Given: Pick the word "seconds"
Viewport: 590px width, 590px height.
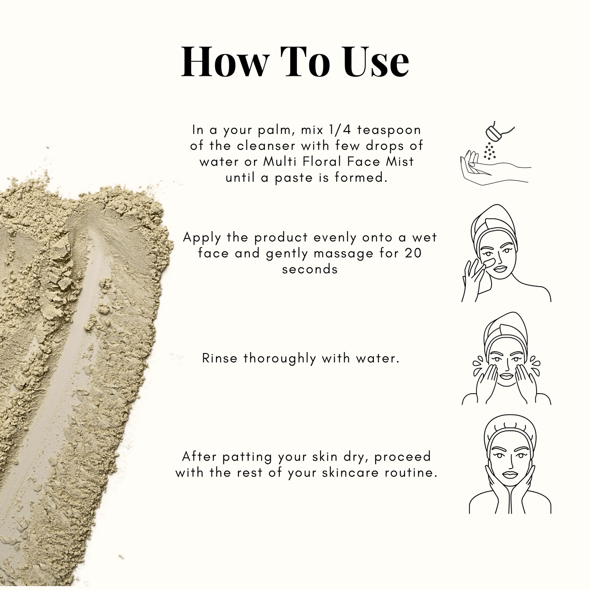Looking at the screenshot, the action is [x=309, y=269].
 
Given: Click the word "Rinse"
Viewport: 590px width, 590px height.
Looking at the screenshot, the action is [x=220, y=358].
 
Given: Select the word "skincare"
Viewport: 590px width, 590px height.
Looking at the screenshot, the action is [x=350, y=473].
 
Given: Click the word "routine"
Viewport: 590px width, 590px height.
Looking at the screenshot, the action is [x=410, y=473].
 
